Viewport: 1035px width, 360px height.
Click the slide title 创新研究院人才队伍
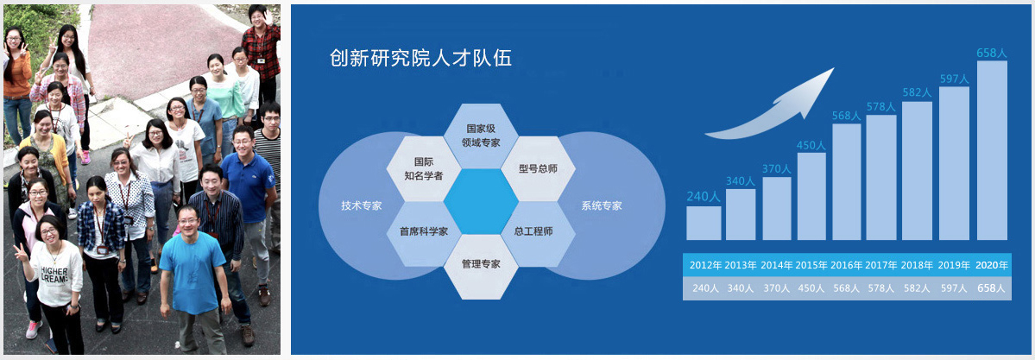(x=420, y=58)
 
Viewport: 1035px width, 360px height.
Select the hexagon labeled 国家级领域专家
(x=481, y=136)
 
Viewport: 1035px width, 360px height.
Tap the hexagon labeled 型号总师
(x=538, y=168)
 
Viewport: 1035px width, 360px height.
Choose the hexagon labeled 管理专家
(x=481, y=267)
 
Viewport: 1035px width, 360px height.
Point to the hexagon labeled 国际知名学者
(x=424, y=168)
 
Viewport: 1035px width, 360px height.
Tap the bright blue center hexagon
(x=481, y=201)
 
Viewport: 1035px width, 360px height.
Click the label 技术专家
(x=361, y=205)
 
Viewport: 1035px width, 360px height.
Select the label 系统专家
(x=602, y=205)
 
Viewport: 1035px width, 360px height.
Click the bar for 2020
(x=992, y=150)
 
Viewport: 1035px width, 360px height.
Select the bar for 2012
(x=704, y=224)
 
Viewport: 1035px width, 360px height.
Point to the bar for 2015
(x=811, y=196)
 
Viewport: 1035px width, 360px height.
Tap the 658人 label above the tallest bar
(x=992, y=53)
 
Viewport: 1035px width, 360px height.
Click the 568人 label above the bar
(x=846, y=116)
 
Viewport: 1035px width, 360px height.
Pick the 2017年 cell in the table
(x=881, y=266)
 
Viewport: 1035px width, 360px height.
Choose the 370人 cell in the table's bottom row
(x=775, y=288)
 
